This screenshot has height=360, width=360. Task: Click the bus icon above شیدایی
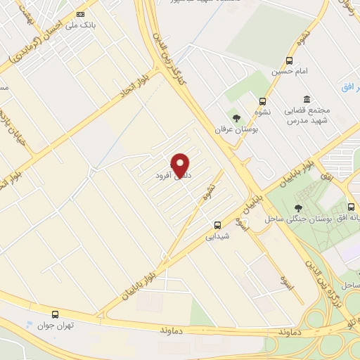(x=217, y=226)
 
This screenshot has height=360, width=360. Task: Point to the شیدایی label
(x=217, y=237)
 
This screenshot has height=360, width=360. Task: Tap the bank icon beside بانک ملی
(x=80, y=14)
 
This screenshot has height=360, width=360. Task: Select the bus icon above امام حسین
(x=290, y=60)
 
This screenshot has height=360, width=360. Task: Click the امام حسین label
(x=290, y=72)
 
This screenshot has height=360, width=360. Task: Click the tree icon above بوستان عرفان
(x=236, y=117)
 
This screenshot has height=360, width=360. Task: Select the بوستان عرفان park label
(x=236, y=129)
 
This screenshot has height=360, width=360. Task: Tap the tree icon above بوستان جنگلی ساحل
(x=298, y=208)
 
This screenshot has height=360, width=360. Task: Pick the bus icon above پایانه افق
(x=351, y=208)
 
